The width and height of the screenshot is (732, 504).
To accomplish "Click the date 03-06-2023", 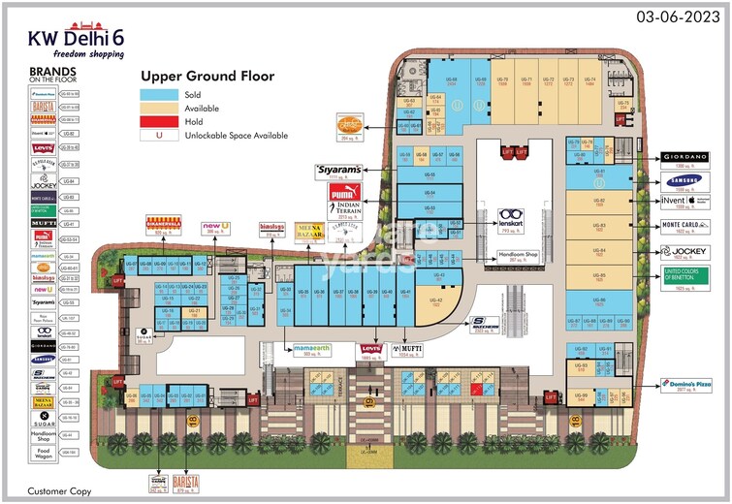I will point(679,16).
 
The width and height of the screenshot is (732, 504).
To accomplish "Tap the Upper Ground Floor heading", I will point(207,76).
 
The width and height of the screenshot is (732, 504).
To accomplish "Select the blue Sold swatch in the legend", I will point(159,95).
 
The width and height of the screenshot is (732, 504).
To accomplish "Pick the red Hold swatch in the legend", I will point(159,122).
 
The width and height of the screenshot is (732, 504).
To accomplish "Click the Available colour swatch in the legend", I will point(159,109).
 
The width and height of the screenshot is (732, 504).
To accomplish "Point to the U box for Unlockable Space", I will point(159,137).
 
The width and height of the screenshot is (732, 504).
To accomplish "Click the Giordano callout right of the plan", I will point(692,156).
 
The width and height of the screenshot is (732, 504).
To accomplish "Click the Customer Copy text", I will point(57,491).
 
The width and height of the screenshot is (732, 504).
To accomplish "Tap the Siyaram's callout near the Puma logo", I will point(337,170).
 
